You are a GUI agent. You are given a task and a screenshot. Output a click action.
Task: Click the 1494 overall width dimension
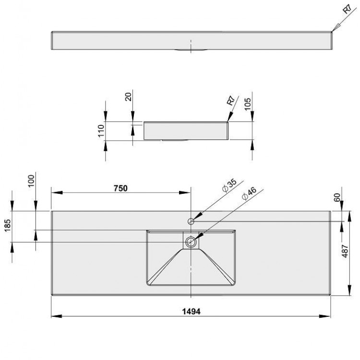pyautogui.click(x=191, y=311)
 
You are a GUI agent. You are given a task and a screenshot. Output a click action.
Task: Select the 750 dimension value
pyautogui.click(x=120, y=188)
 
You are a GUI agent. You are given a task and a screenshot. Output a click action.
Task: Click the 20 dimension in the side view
pyautogui.click(x=128, y=97)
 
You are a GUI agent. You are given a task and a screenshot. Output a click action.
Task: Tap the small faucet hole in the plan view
pyautogui.click(x=191, y=221)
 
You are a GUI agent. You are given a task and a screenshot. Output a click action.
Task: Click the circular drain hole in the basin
pyautogui.click(x=191, y=241)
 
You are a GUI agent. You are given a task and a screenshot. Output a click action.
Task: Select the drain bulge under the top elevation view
pyautogui.click(x=191, y=50)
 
